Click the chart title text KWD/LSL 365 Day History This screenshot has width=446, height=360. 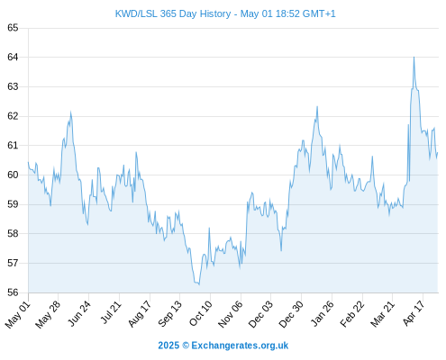(173, 13)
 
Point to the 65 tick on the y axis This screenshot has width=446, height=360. (13, 28)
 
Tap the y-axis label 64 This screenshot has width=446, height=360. (13, 57)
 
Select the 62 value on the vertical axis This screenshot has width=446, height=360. (13, 116)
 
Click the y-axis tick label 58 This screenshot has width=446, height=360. (13, 233)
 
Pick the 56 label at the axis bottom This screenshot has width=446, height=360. (13, 292)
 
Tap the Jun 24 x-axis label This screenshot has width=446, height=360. (79, 313)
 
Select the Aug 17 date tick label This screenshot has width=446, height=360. (140, 314)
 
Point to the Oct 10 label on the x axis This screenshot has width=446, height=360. (201, 313)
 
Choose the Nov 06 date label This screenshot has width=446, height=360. (231, 314)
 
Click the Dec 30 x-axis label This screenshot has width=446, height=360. (291, 314)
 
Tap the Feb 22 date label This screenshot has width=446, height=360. (352, 314)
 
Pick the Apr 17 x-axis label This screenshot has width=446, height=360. (414, 313)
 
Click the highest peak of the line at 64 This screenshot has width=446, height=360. (414, 57)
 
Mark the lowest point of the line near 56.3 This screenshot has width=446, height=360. (199, 284)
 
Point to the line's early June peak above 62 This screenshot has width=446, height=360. (70, 112)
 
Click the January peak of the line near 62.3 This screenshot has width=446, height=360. (317, 106)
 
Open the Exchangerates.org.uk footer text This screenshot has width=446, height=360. (240, 346)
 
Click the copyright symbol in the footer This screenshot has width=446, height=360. (186, 346)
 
